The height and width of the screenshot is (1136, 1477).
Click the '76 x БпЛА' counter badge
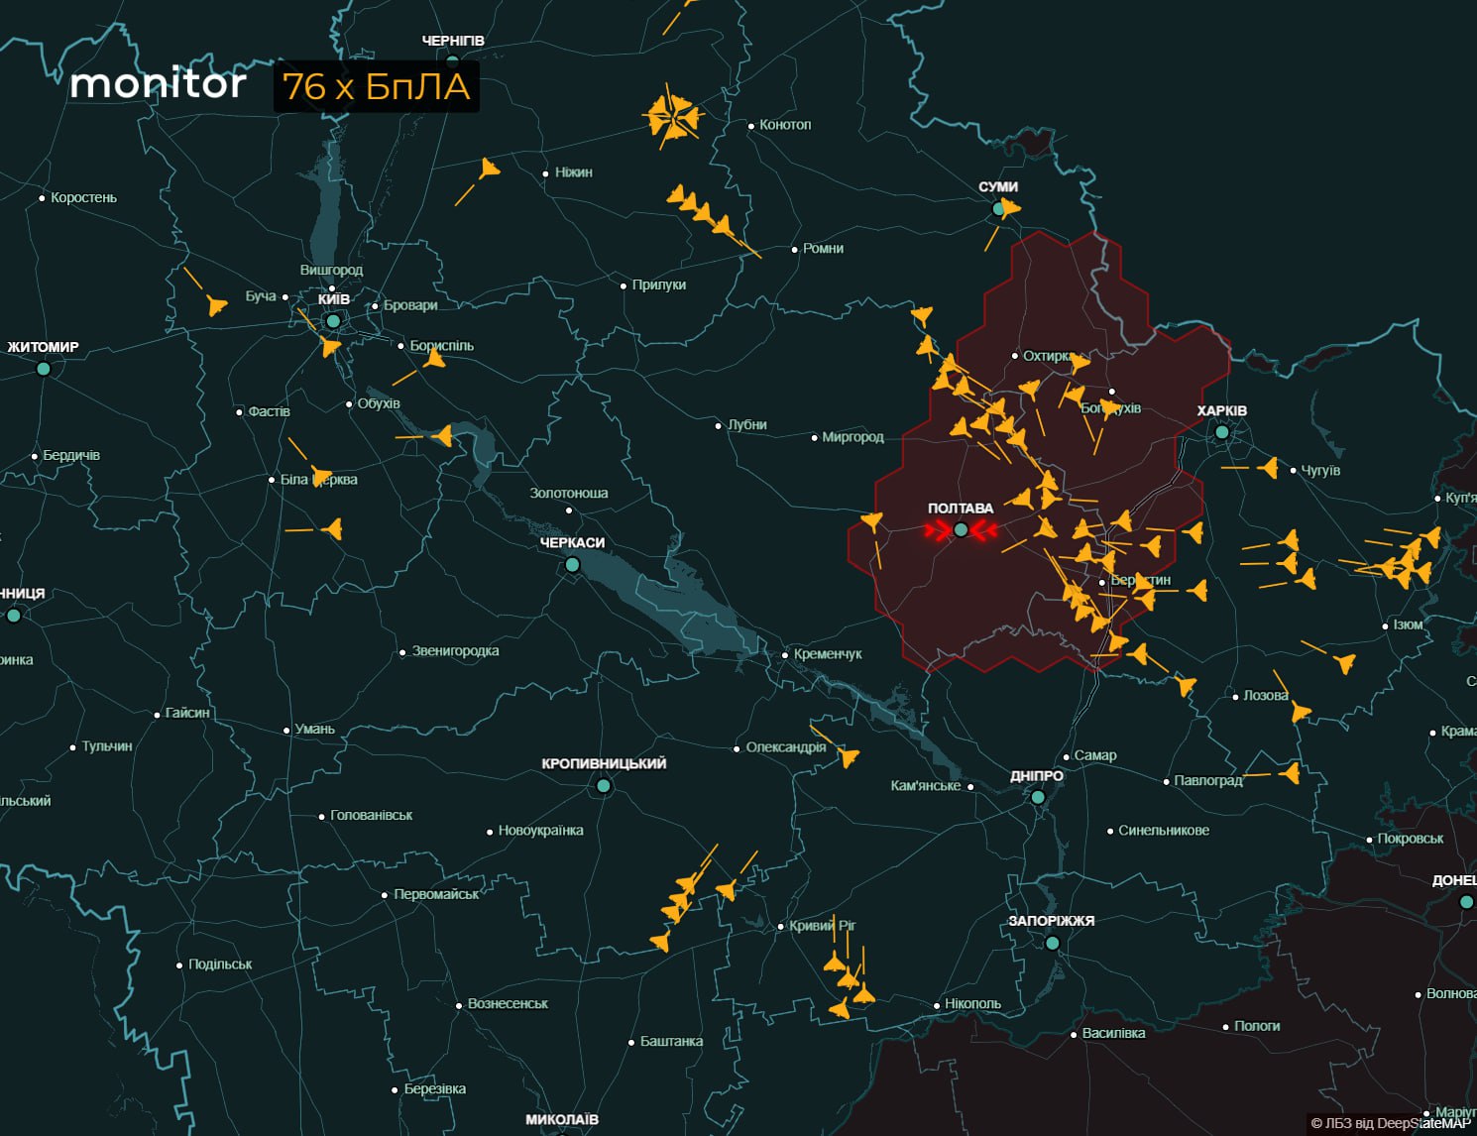point(376,87)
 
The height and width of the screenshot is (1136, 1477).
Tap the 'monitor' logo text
point(159,84)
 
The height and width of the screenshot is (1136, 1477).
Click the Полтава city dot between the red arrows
point(961,530)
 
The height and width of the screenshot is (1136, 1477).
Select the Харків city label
point(1221,411)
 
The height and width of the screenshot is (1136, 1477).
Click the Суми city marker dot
point(999,209)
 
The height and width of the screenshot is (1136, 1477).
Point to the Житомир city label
point(43,348)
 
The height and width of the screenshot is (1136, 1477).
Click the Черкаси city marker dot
point(572,565)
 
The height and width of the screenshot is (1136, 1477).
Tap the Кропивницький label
point(604,764)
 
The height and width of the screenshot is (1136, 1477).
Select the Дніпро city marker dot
point(1038,797)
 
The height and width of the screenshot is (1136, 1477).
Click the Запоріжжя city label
point(1051,921)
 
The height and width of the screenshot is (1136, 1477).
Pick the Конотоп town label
point(785,125)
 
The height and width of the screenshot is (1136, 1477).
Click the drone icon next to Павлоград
point(1290,772)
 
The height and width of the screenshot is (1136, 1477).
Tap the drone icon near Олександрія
point(848,758)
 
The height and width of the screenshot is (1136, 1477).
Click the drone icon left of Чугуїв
point(1269,467)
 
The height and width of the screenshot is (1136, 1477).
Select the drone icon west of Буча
point(217,304)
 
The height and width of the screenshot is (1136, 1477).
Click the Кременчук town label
point(828,654)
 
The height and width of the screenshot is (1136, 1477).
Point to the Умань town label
point(315,730)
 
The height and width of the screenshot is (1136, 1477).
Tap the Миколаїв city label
point(561,1120)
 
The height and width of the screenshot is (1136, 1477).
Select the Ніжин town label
point(574,172)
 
